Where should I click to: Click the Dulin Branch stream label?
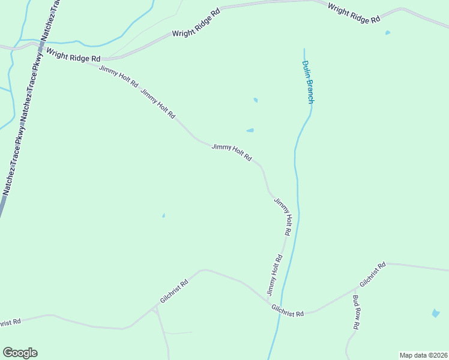307,82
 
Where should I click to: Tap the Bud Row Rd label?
356,312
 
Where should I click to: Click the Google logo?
20,353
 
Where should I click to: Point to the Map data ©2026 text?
424,355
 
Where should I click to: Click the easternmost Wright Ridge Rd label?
354,13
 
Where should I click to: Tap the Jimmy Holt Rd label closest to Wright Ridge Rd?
118,76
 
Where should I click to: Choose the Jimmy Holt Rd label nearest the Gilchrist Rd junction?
274,275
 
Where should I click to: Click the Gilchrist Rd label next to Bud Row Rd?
373,274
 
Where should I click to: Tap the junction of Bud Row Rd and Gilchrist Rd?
357,288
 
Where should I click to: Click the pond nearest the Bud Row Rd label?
435,313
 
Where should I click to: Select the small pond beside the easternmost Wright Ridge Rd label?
387,32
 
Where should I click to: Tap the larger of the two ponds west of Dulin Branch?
250,130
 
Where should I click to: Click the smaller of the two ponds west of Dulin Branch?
256,100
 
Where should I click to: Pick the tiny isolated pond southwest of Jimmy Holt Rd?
163,215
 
